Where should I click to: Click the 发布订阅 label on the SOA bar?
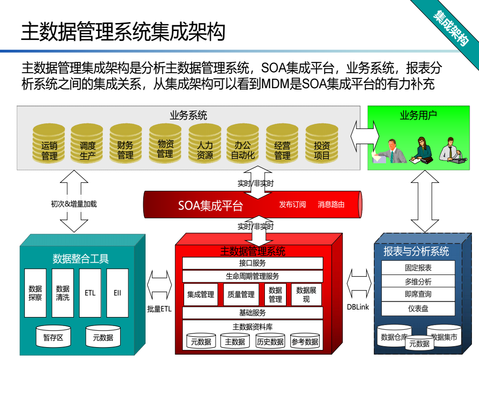[x=292, y=205]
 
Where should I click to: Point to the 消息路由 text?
[x=331, y=205]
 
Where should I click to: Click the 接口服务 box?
[x=252, y=263]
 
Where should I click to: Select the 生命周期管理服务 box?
[x=252, y=276]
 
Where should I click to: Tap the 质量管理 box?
[x=241, y=295]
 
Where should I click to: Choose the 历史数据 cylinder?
[x=270, y=341]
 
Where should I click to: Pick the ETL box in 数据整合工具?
[x=90, y=293]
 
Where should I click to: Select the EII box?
[x=117, y=293]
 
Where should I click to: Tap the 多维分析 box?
[x=418, y=281]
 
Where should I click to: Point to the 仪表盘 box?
[x=418, y=309]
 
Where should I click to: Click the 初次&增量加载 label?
[x=74, y=204]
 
